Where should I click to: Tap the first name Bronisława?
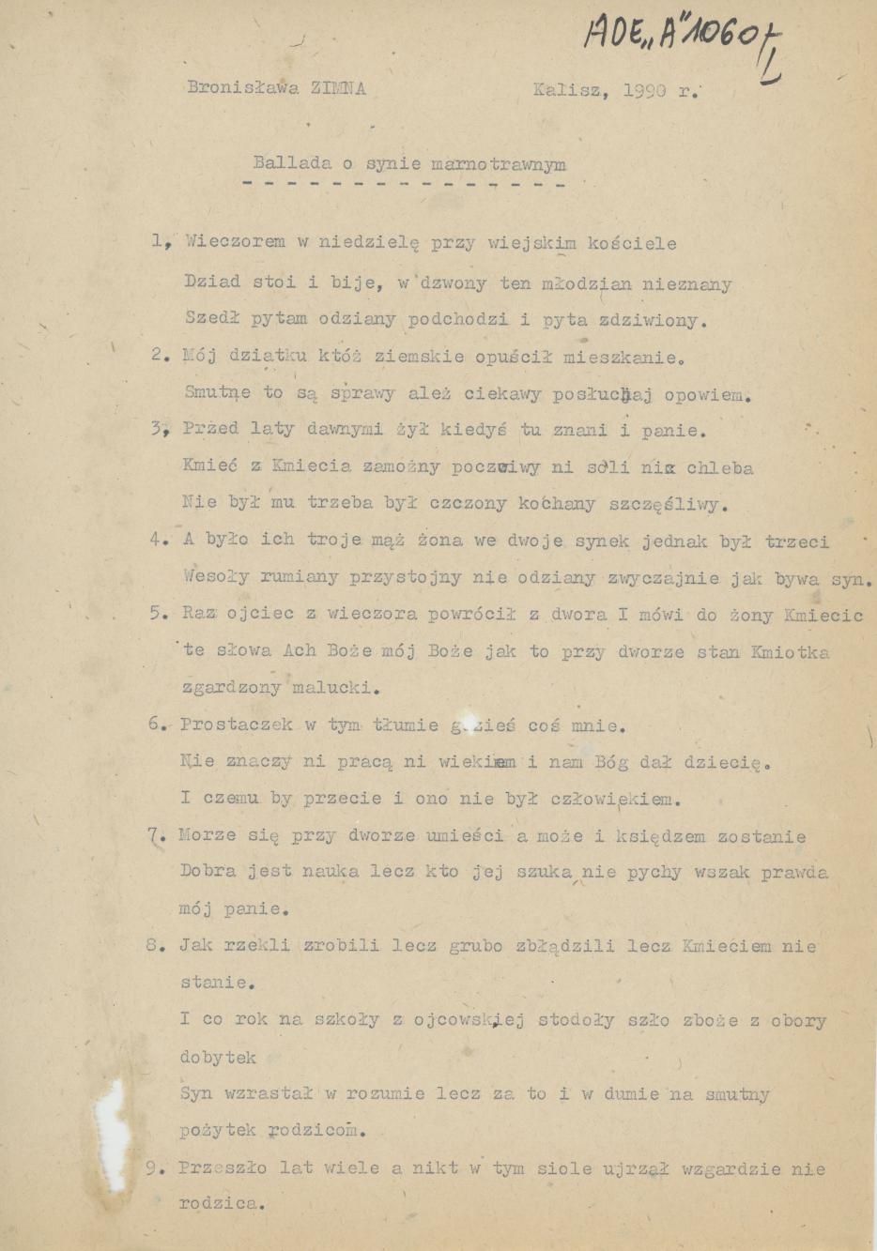[242, 88]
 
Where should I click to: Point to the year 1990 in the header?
[644, 90]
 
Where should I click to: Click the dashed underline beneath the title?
[404, 184]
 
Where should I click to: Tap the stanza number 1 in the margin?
[159, 241]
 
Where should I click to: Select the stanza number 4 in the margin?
[158, 540]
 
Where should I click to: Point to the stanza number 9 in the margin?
[154, 1169]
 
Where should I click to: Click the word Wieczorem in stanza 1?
[235, 242]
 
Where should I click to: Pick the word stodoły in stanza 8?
[589, 1020]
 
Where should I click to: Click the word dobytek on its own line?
[218, 1057]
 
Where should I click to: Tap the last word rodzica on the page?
[218, 1203]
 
